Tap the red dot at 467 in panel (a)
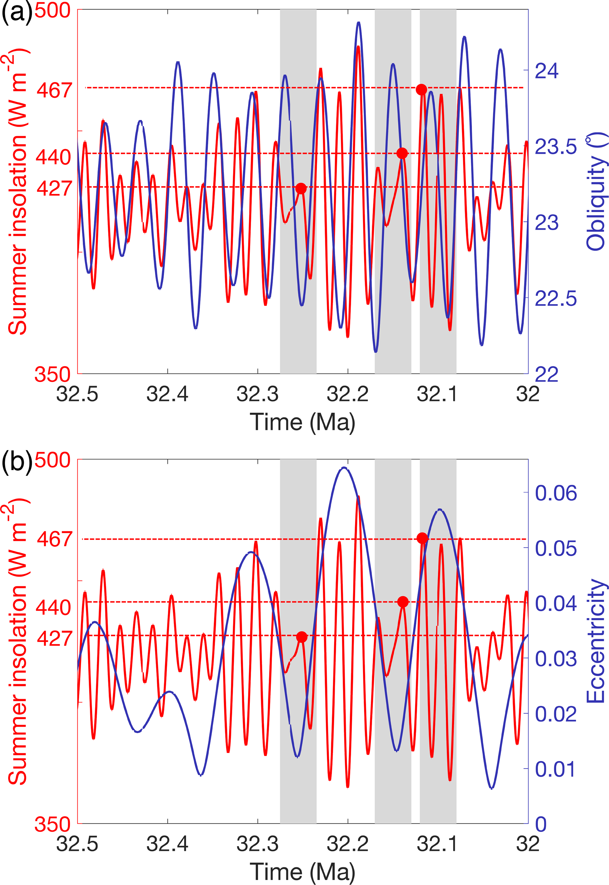(x=421, y=90)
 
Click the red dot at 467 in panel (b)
(x=422, y=538)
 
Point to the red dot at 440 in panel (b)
(x=402, y=602)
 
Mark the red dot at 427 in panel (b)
(x=301, y=637)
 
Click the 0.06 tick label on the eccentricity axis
(x=556, y=493)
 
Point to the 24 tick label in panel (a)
(x=547, y=71)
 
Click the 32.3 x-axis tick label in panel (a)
(x=258, y=394)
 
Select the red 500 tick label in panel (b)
(x=53, y=460)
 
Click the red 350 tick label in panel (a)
(x=53, y=374)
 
